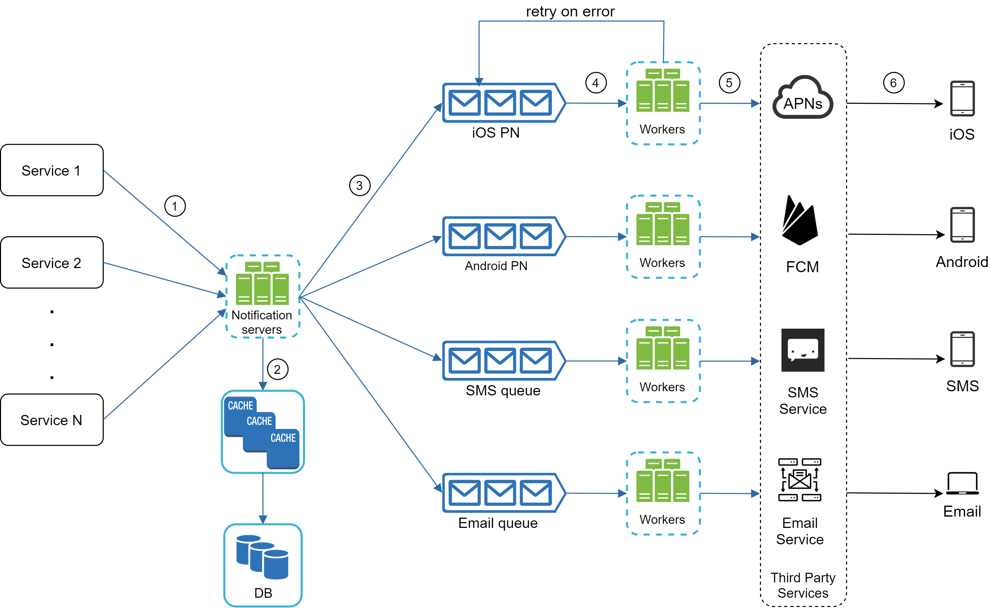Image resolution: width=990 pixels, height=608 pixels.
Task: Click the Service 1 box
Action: pyautogui.click(x=51, y=170)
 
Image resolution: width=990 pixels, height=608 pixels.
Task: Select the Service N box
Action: pyautogui.click(x=51, y=419)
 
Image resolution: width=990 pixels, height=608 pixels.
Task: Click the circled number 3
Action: pyautogui.click(x=359, y=185)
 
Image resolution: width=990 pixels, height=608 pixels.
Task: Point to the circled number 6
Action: pyautogui.click(x=893, y=83)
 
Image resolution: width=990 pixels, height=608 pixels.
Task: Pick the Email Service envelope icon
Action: pyautogui.click(x=799, y=479)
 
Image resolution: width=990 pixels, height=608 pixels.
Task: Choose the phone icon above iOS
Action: pyautogui.click(x=962, y=99)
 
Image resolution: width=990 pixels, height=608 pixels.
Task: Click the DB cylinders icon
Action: pyautogui.click(x=262, y=557)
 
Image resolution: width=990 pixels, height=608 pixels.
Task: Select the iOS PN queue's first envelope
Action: pyautogui.click(x=465, y=103)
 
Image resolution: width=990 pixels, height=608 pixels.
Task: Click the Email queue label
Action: pyautogui.click(x=497, y=523)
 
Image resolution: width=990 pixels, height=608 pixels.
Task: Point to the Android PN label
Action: pyautogui.click(x=496, y=266)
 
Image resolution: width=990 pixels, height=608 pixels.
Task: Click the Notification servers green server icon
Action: pyautogui.click(x=262, y=283)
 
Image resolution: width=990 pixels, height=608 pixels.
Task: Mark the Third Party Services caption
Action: pyautogui.click(x=803, y=585)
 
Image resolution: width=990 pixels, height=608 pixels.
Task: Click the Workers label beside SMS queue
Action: pyautogui.click(x=662, y=387)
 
